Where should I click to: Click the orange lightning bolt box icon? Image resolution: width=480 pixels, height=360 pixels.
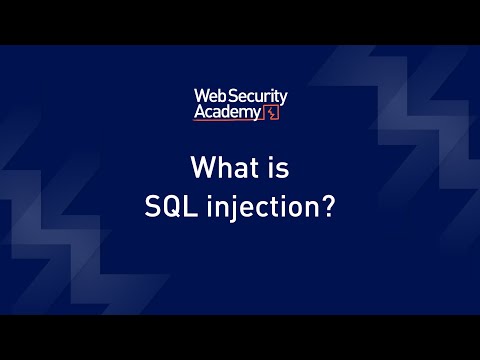coord(272,113)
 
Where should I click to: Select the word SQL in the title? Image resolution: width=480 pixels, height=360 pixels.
coord(169,211)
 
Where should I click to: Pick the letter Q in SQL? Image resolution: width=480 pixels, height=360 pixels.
coord(169,211)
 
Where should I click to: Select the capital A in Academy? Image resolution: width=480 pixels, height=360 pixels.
coord(200,113)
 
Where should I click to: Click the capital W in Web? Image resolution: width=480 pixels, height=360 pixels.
coord(200,97)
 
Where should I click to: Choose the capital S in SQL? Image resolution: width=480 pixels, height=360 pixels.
coord(152,211)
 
